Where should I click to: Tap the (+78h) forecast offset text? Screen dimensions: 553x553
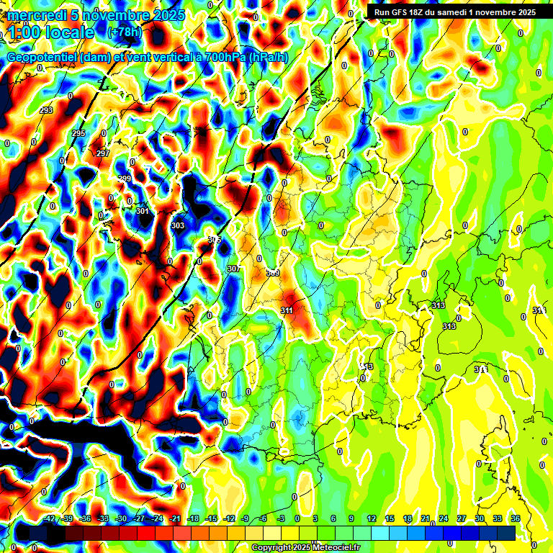[x=125, y=32]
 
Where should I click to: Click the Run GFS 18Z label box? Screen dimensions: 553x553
[x=454, y=12]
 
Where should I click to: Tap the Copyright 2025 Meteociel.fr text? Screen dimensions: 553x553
[x=305, y=547]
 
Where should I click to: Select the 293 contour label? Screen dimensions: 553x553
[x=46, y=110]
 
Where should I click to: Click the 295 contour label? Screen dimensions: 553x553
[x=78, y=134]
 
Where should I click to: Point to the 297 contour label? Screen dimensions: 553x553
[x=102, y=153]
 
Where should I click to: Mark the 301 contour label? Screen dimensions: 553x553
[x=142, y=211]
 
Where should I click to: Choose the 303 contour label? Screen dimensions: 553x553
[x=178, y=225]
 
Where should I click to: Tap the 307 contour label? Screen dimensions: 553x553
[x=233, y=269]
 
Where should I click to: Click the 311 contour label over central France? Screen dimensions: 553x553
[x=287, y=310]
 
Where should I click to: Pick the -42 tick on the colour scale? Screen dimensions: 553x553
[x=49, y=518]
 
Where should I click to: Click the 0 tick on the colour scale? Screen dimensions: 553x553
[x=297, y=518]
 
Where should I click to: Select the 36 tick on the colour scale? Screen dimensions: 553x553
[x=516, y=518]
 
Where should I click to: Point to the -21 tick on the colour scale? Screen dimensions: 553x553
[x=174, y=518]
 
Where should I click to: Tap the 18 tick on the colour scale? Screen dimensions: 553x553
[x=407, y=518]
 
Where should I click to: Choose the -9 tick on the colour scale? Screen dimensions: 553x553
[x=245, y=518]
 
